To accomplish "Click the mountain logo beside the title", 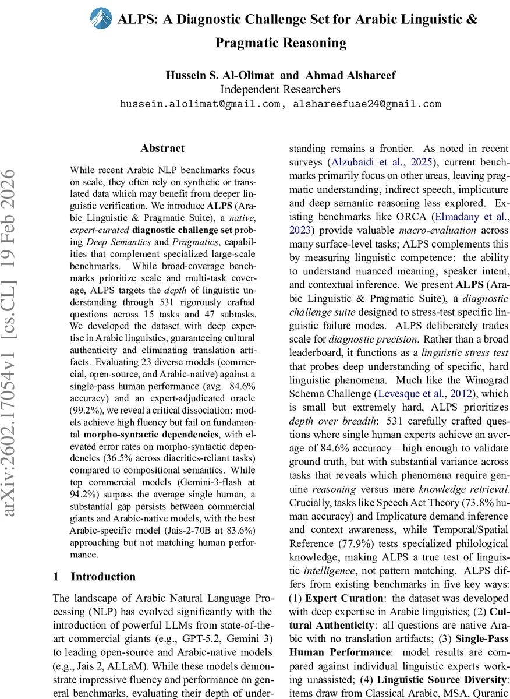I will point(101,19).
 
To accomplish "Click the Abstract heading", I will point(162,149).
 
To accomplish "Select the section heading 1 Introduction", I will point(94,577).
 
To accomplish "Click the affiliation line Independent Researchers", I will point(280,89).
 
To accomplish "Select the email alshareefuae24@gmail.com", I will point(367,104).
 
